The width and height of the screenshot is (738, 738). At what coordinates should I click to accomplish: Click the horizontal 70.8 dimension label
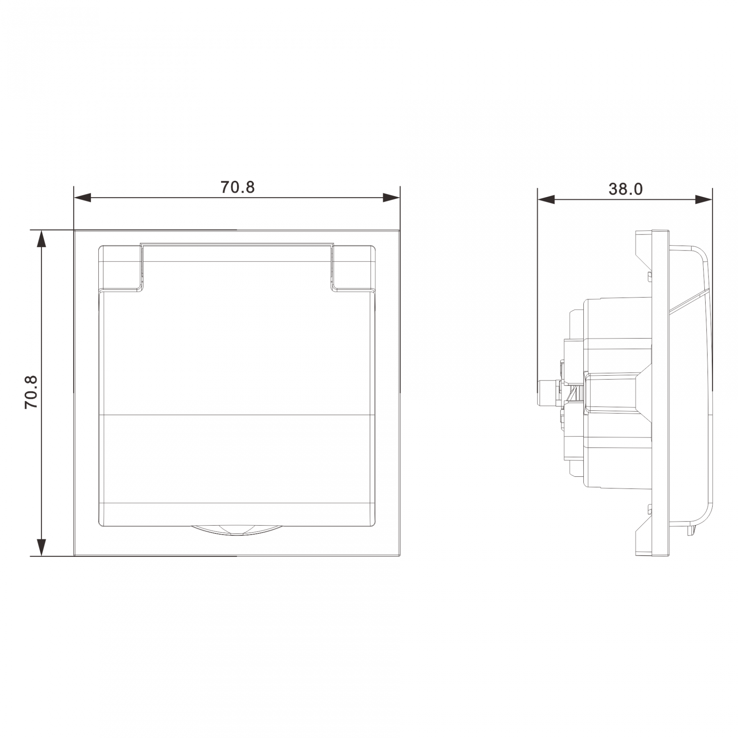pyautogui.click(x=238, y=187)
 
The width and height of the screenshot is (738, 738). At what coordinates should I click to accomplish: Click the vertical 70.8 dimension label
pyautogui.click(x=31, y=392)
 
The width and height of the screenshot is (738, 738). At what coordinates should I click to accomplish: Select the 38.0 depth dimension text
pyautogui.click(x=625, y=189)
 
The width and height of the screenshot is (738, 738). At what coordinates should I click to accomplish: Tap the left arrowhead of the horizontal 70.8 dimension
pyautogui.click(x=82, y=198)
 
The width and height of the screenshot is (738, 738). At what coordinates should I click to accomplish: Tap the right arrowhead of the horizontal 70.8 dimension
pyautogui.click(x=391, y=198)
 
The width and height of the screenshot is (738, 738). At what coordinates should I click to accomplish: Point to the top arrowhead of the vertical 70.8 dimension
pyautogui.click(x=41, y=239)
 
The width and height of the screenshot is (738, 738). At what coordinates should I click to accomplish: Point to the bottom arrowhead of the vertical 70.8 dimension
pyautogui.click(x=41, y=547)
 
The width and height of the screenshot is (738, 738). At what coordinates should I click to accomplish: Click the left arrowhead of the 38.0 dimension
pyautogui.click(x=546, y=200)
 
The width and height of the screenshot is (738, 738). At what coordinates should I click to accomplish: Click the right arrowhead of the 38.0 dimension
pyautogui.click(x=704, y=200)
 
